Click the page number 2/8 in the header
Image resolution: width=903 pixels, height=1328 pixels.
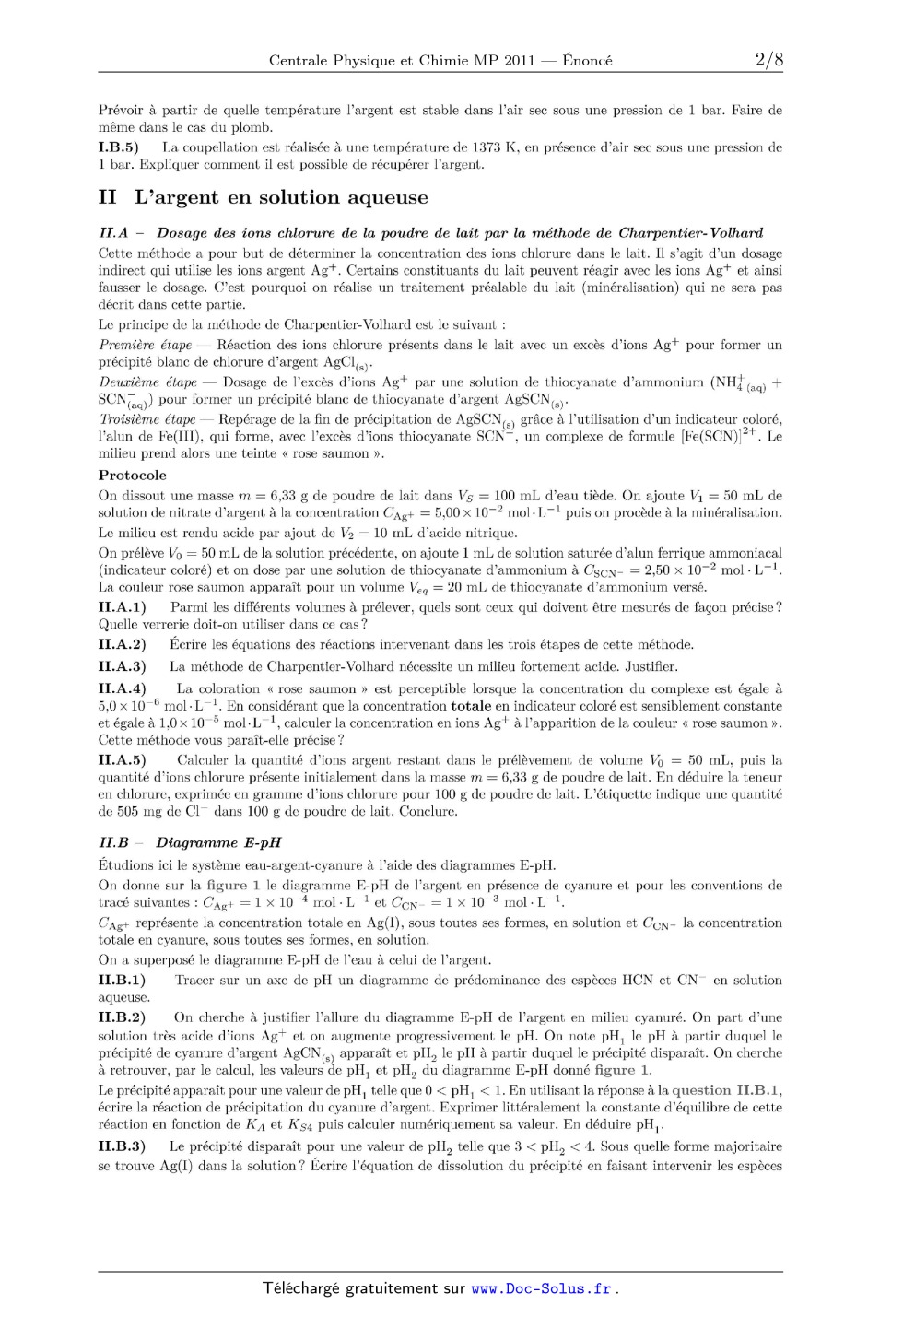pyautogui.click(x=768, y=61)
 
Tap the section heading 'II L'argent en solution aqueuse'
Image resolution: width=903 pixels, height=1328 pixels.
pyautogui.click(x=263, y=197)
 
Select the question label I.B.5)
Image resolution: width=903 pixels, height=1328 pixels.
pyautogui.click(x=118, y=147)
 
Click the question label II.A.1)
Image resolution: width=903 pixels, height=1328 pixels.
pyautogui.click(x=123, y=607)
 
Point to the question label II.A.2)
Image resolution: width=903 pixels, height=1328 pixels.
pyautogui.click(x=123, y=645)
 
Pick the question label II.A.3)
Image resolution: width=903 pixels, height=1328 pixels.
pyautogui.click(x=123, y=666)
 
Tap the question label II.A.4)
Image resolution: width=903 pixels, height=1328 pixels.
pyautogui.click(x=123, y=688)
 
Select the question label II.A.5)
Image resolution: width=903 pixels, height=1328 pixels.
pyautogui.click(x=123, y=760)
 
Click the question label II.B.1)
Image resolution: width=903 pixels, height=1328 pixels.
pyautogui.click(x=123, y=980)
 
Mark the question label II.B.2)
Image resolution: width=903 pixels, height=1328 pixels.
pyautogui.click(x=123, y=1017)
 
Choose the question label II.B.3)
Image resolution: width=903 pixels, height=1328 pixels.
pyautogui.click(x=123, y=1146)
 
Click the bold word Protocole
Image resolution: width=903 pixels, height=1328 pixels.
pyautogui.click(x=133, y=476)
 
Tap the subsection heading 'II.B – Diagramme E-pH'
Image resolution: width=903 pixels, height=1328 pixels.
pyautogui.click(x=190, y=842)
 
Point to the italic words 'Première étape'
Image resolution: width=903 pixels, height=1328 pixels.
pyautogui.click(x=145, y=346)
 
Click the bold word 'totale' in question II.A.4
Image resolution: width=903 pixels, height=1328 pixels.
pyautogui.click(x=473, y=706)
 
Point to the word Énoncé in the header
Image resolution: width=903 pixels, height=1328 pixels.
pyautogui.click(x=587, y=61)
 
